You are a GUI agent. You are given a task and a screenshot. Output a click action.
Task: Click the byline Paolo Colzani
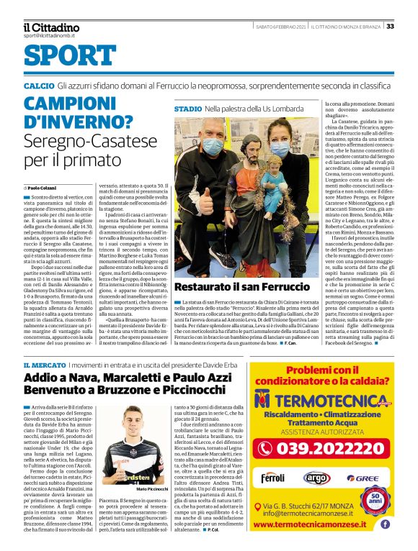point(47,188)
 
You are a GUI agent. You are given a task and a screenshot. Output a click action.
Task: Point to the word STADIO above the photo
point(188,109)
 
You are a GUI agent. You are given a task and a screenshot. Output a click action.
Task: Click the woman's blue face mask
point(279,150)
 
